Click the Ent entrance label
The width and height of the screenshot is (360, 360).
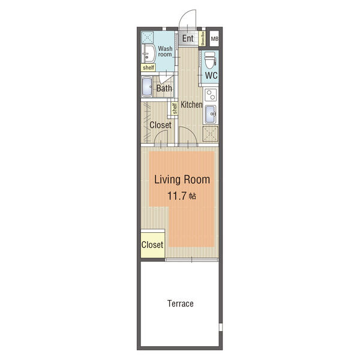pyautogui.click(x=188, y=38)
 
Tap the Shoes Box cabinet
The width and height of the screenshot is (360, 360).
pyautogui.click(x=202, y=38)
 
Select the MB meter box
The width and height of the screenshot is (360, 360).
pyautogui.click(x=214, y=39)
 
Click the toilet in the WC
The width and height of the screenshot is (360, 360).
pyautogui.click(x=210, y=60)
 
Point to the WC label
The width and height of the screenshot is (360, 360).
pyautogui.click(x=211, y=76)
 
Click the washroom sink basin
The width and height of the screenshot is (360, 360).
pyautogui.click(x=149, y=54)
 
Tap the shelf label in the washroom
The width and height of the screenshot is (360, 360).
pyautogui.click(x=148, y=67)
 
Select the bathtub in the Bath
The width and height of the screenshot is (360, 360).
pyautogui.click(x=147, y=87)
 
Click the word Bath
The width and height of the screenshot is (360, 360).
pyautogui.click(x=164, y=88)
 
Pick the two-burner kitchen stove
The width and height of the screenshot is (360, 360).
pyautogui.click(x=211, y=95)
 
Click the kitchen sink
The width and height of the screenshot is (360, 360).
pyautogui.click(x=211, y=114)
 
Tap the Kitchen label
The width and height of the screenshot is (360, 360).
pyautogui.click(x=191, y=104)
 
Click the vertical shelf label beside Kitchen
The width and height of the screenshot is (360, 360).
pyautogui.click(x=175, y=109)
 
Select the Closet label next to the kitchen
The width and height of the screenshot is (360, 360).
pyautogui.click(x=160, y=125)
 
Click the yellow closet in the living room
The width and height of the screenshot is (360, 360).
pyautogui.click(x=152, y=245)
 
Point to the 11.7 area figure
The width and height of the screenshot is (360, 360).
pyautogui.click(x=176, y=196)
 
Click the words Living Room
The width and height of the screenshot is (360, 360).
pyautogui.click(x=182, y=179)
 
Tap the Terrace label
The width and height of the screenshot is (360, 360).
pyautogui.click(x=181, y=304)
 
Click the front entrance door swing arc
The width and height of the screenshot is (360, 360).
pyautogui.click(x=185, y=14)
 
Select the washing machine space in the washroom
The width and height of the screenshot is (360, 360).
pyautogui.click(x=147, y=37)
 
